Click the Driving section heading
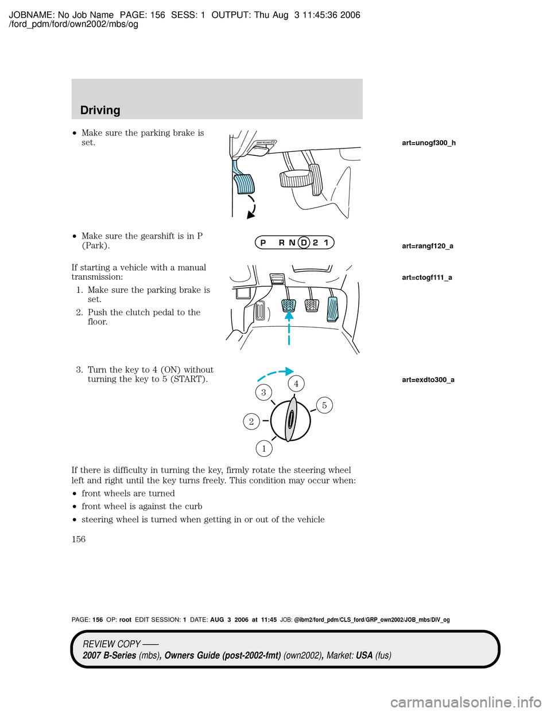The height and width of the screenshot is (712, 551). point(100,110)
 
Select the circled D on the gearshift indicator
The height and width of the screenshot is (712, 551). point(304,242)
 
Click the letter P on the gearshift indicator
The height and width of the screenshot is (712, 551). point(263,242)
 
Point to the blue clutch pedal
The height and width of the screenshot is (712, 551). point(288,305)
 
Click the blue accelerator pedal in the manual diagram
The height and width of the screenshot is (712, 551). point(332,310)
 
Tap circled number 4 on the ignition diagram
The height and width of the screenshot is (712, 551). point(296,384)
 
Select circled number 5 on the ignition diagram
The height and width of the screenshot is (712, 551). point(324,405)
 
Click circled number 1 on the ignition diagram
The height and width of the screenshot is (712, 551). point(264,448)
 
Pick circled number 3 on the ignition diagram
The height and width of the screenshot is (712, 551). point(263,392)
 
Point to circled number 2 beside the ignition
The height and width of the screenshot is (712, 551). point(251,421)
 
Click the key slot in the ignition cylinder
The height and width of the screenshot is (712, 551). point(291,420)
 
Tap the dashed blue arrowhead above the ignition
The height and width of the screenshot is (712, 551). point(290,371)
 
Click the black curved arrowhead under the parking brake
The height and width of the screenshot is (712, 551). point(251,214)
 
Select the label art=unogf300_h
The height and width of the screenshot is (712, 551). point(429,143)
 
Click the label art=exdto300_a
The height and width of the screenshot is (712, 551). point(428,380)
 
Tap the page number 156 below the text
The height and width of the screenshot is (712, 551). point(79,539)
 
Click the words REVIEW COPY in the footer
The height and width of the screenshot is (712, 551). point(112,644)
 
